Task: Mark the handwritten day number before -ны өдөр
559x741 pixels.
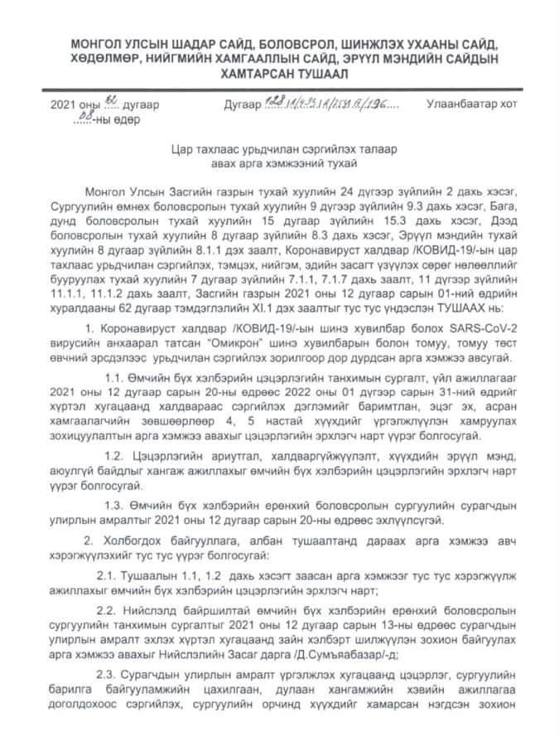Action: click(83, 119)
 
